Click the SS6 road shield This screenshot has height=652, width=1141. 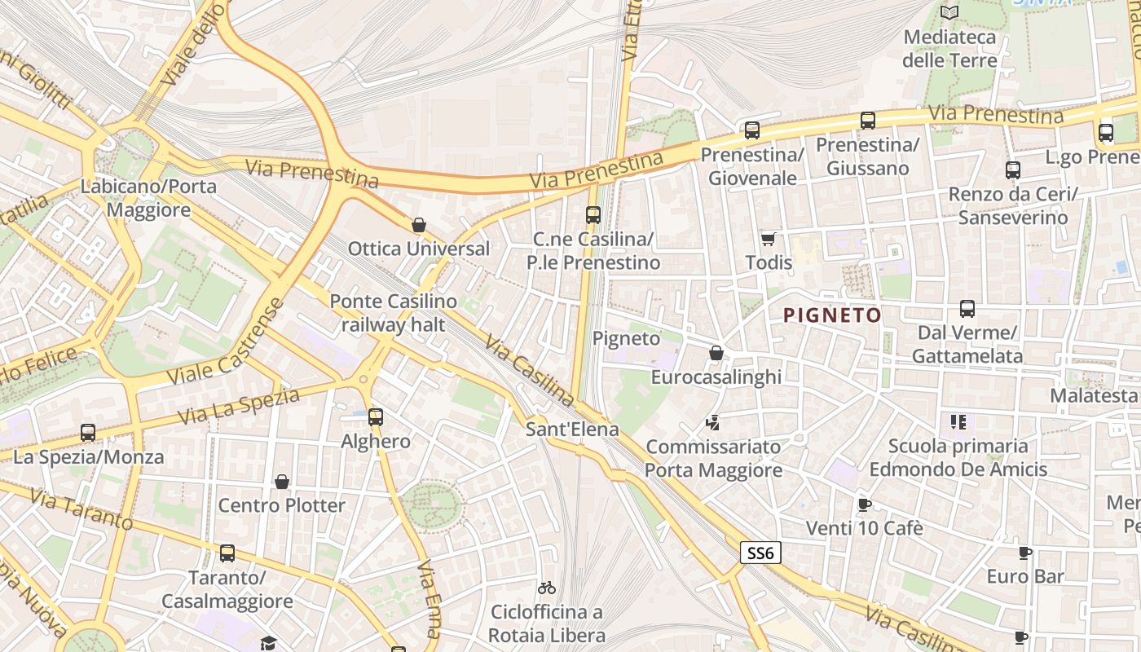pos(760,553)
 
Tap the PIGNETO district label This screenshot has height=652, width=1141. pos(832,315)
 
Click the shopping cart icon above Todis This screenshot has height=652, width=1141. pos(768,239)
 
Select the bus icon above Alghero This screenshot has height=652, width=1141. pos(375,416)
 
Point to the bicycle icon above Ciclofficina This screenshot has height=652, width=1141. pos(546,588)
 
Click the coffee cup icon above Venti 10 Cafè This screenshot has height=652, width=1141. pos(864,504)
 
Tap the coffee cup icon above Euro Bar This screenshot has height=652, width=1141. pos(1024,553)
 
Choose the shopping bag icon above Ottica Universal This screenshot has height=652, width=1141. pos(419,225)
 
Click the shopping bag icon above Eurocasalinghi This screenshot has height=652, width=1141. pos(716,353)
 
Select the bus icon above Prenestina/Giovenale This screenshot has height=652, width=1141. pos(751,130)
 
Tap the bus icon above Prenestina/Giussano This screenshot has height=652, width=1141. pos(867,121)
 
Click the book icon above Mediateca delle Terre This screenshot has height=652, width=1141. pos(949,12)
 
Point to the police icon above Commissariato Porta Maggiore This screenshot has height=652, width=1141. pos(713,422)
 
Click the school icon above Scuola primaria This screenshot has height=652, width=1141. pos(958,421)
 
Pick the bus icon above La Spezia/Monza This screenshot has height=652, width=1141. pos(87,432)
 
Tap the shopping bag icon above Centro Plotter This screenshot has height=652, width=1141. pos(281,482)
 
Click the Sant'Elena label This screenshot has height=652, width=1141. pos(572,429)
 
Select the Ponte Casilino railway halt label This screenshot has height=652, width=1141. pos(393,313)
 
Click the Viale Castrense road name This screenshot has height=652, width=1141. pos(227,342)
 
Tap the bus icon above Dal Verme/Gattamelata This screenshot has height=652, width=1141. pos(967,309)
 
